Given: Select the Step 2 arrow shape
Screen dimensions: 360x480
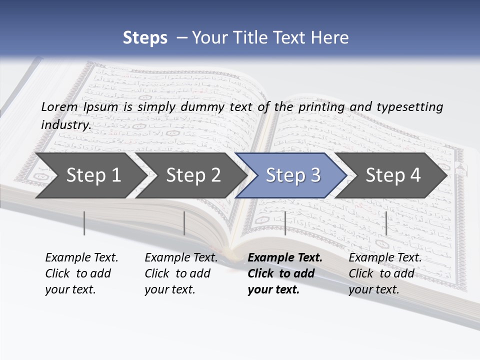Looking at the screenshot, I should [193, 175].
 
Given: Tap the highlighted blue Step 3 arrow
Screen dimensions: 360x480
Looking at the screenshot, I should [293, 175].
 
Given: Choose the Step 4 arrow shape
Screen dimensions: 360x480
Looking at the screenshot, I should [393, 175].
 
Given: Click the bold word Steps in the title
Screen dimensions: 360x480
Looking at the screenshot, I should [145, 38].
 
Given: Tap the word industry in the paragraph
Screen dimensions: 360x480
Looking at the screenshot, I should [65, 124].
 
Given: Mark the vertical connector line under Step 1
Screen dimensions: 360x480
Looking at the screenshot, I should [84, 223].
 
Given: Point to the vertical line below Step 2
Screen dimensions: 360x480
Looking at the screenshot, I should [184, 223].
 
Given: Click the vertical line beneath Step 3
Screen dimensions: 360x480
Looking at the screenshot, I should [285, 223].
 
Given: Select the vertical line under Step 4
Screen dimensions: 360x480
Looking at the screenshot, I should [386, 223].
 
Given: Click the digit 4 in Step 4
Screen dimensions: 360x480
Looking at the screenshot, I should [414, 175].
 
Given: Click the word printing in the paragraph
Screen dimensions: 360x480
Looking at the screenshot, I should [321, 106].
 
